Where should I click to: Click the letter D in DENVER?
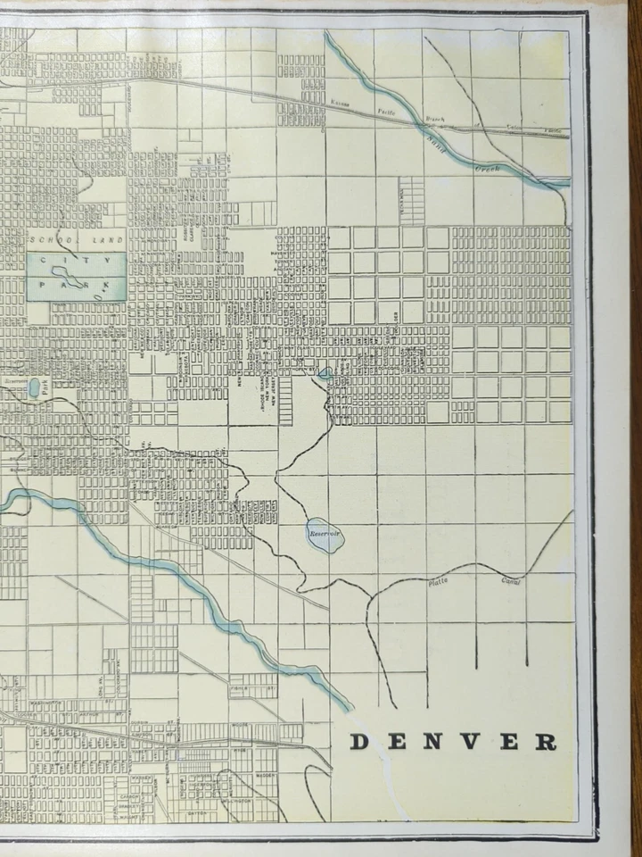[x=358, y=742]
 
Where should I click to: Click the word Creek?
[x=488, y=167]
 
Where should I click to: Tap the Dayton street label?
[x=198, y=813]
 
